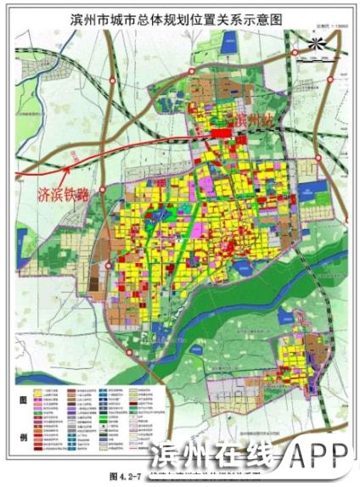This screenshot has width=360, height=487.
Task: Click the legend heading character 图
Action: (22, 398)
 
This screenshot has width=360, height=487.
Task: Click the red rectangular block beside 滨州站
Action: (219, 132)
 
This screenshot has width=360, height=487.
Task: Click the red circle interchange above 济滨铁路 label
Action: (103, 190)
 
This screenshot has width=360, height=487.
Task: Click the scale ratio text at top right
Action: (320, 25)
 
